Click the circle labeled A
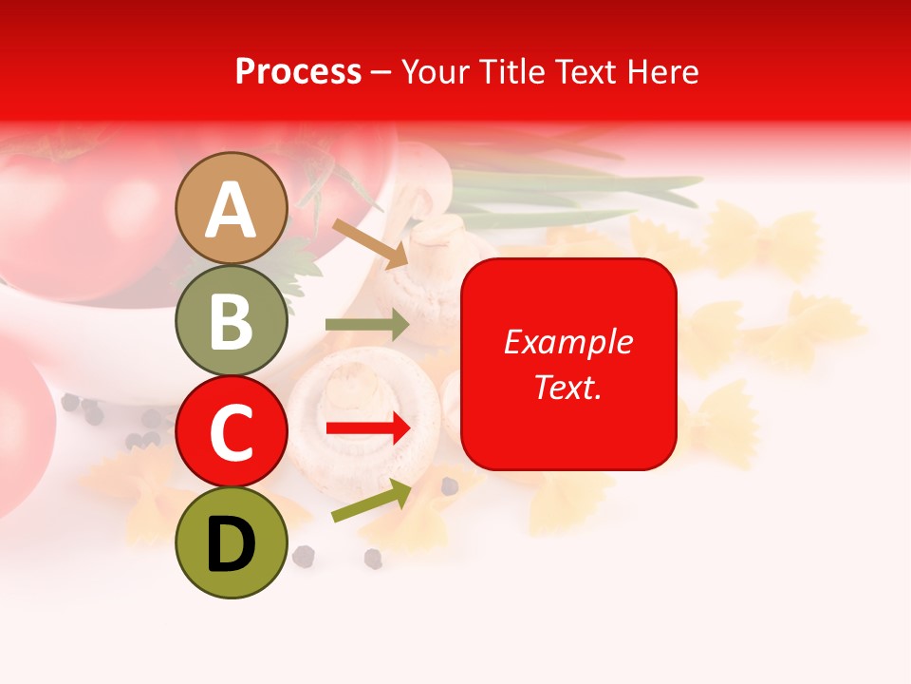[232, 208]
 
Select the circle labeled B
[232, 320]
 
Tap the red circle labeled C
[232, 431]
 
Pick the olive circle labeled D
[232, 542]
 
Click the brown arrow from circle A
[370, 242]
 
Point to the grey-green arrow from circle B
[367, 325]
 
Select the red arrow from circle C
[368, 429]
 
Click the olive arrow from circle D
[371, 501]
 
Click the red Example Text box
[568, 364]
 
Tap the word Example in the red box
[568, 342]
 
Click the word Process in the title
[298, 71]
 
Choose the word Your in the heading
[435, 71]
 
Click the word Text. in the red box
[568, 387]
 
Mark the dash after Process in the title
[380, 72]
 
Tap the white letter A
[232, 210]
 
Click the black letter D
[232, 544]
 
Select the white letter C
[232, 433]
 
